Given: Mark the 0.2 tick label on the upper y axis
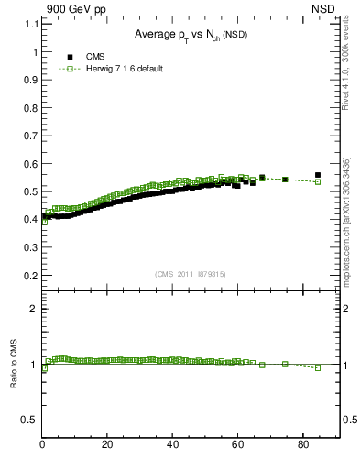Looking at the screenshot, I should coord(31,275).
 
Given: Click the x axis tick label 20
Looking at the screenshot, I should coord(107,446).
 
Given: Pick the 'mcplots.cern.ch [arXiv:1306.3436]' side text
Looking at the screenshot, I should coord(346,220).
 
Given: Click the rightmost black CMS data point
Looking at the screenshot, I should coord(318,175).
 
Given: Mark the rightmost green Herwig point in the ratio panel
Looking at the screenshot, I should coord(318,368).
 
